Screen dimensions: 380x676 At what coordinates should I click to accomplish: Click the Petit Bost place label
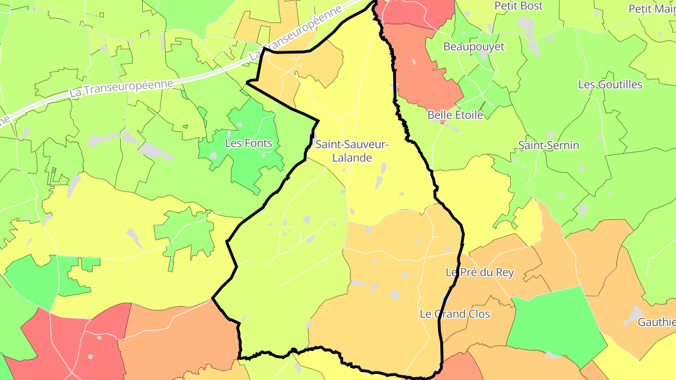519,6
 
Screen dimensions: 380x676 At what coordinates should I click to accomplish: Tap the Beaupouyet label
474,47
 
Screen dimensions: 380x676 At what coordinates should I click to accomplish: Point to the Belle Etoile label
455,115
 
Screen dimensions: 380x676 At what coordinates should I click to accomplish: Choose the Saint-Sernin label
548,145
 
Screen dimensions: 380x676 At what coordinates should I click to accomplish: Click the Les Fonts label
248,143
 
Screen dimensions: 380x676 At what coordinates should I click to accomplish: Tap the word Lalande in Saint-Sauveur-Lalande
352,158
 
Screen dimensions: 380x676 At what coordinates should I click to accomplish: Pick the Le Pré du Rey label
479,273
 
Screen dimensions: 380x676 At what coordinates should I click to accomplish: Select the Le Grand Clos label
454,314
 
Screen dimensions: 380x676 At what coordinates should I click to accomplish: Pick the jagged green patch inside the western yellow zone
185,232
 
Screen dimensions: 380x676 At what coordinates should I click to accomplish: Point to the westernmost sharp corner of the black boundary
213,297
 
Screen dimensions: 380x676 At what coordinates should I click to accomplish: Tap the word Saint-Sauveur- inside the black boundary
352,144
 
